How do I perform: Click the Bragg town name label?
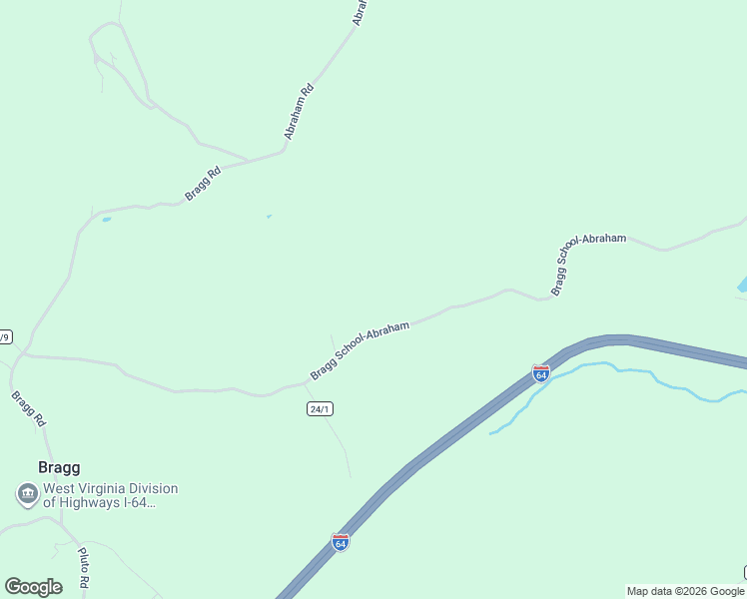coord(58,467)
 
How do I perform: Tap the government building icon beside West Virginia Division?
coord(27,493)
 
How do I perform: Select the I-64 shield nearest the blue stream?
coord(540,373)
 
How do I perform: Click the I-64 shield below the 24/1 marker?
coord(340,542)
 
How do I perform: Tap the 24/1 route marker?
coord(319,409)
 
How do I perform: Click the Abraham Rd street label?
coord(299,111)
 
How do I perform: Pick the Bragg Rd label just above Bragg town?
coord(29,409)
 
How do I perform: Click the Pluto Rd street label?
coord(84,566)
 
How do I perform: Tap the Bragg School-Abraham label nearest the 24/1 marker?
coord(360,349)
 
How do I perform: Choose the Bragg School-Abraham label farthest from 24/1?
coord(588,264)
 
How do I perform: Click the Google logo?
coord(33,587)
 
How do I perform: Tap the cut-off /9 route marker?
coord(5,336)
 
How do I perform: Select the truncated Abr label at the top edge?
coord(361,12)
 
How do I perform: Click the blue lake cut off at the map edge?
coord(742,284)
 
